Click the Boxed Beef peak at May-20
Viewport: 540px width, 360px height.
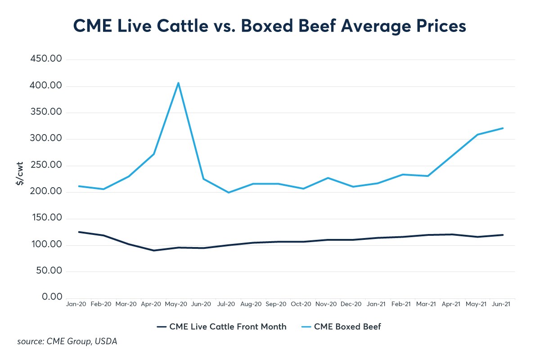click(x=178, y=83)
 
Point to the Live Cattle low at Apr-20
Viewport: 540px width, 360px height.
click(x=153, y=250)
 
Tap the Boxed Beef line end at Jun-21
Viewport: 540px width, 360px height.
click(x=503, y=128)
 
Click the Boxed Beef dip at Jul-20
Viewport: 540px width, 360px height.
click(x=229, y=193)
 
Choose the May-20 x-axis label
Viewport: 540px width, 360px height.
click(x=176, y=305)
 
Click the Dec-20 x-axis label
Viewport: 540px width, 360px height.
click(x=352, y=305)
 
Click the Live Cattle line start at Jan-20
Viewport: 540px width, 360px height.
click(x=79, y=232)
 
